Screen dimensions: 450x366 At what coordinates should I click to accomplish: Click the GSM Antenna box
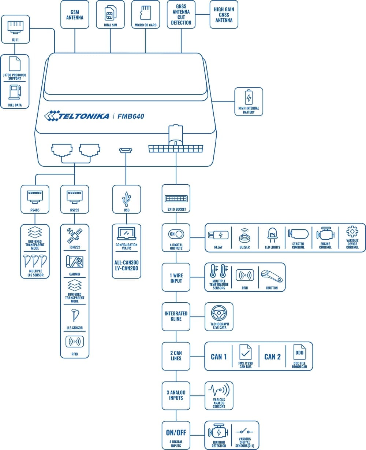[x=75, y=15]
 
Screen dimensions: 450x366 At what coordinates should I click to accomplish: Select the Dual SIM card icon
[x=110, y=12]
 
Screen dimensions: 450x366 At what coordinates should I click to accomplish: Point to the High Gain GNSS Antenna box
[x=224, y=15]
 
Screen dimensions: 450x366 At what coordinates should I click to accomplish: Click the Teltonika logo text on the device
[x=76, y=116]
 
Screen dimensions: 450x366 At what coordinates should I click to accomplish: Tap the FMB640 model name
[x=131, y=117]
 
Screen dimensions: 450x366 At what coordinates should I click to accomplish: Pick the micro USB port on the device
[x=126, y=151]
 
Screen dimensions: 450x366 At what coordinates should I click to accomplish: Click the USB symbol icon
[x=126, y=198]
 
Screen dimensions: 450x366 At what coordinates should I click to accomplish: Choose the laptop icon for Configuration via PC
[x=126, y=234]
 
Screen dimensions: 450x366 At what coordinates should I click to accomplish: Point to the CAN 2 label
[x=272, y=357]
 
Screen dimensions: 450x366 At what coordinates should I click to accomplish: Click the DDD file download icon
[x=299, y=353]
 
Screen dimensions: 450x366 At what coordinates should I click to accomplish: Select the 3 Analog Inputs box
[x=176, y=395]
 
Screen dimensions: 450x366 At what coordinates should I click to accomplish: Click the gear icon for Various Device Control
[x=352, y=232]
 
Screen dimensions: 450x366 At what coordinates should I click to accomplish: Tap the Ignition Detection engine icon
[x=219, y=433]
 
